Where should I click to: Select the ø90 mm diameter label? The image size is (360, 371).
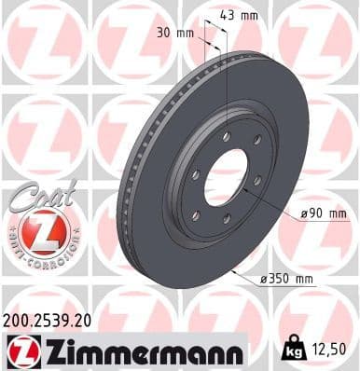tap(324, 214)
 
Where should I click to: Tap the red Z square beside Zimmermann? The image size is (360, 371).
tap(21, 351)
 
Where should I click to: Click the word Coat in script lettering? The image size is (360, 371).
tap(39, 193)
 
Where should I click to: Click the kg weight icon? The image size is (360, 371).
tap(293, 350)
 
